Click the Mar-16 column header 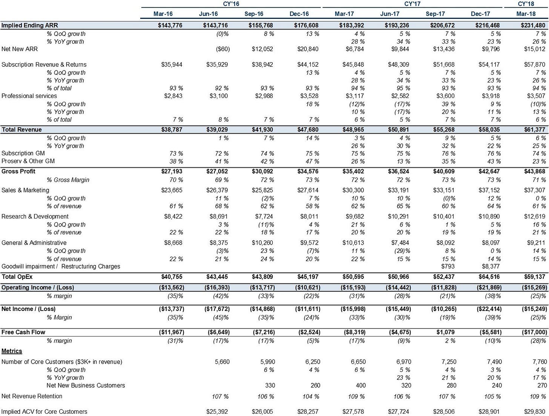pyautogui.click(x=163, y=14)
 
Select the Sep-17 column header pyautogui.click(x=435, y=14)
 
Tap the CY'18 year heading pyautogui.click(x=526, y=4)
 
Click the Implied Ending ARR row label pyautogui.click(x=29, y=25)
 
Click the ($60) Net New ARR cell pyautogui.click(x=223, y=49)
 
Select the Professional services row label pyautogui.click(x=29, y=96)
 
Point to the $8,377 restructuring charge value pyautogui.click(x=491, y=266)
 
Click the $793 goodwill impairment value pyautogui.click(x=448, y=266)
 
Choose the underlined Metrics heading pyautogui.click(x=12, y=351)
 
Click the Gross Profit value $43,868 pyautogui.click(x=535, y=171)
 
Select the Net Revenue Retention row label pyautogui.click(x=32, y=396)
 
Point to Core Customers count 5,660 pyautogui.click(x=222, y=361)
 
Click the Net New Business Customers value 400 pyautogui.click(x=361, y=385)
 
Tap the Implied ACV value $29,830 pyautogui.click(x=535, y=411)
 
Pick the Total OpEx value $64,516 pyautogui.click(x=489, y=277)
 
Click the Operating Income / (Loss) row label pyautogui.click(x=38, y=288)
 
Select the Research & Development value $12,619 pyautogui.click(x=535, y=216)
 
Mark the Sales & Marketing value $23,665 pyautogui.click(x=172, y=190)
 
